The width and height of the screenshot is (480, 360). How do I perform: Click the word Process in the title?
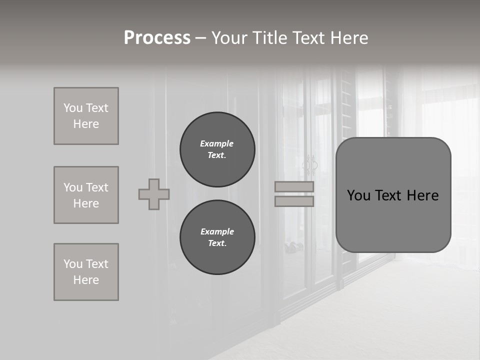pos(157,38)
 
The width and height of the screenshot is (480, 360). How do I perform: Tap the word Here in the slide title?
pos(348,38)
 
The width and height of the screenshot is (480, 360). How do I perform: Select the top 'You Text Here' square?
pos(86,116)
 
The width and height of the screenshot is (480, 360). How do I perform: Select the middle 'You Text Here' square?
pos(86,195)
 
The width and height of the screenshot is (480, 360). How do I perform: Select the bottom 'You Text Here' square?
pos(86,272)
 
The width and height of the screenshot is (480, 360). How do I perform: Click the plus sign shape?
pos(154,194)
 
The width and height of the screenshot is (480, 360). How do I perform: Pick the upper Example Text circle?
pos(217,149)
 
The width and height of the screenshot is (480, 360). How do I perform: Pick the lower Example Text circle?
pos(217,237)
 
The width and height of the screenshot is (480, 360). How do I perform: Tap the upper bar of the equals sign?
pos(294,187)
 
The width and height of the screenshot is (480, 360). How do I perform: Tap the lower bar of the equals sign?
pos(294,201)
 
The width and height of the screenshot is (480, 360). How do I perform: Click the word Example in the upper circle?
pos(216,143)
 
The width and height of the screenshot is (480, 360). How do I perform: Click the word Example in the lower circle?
pos(217,231)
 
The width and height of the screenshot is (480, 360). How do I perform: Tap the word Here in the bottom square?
pos(86,280)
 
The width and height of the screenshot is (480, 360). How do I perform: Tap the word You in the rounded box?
pos(358,195)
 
